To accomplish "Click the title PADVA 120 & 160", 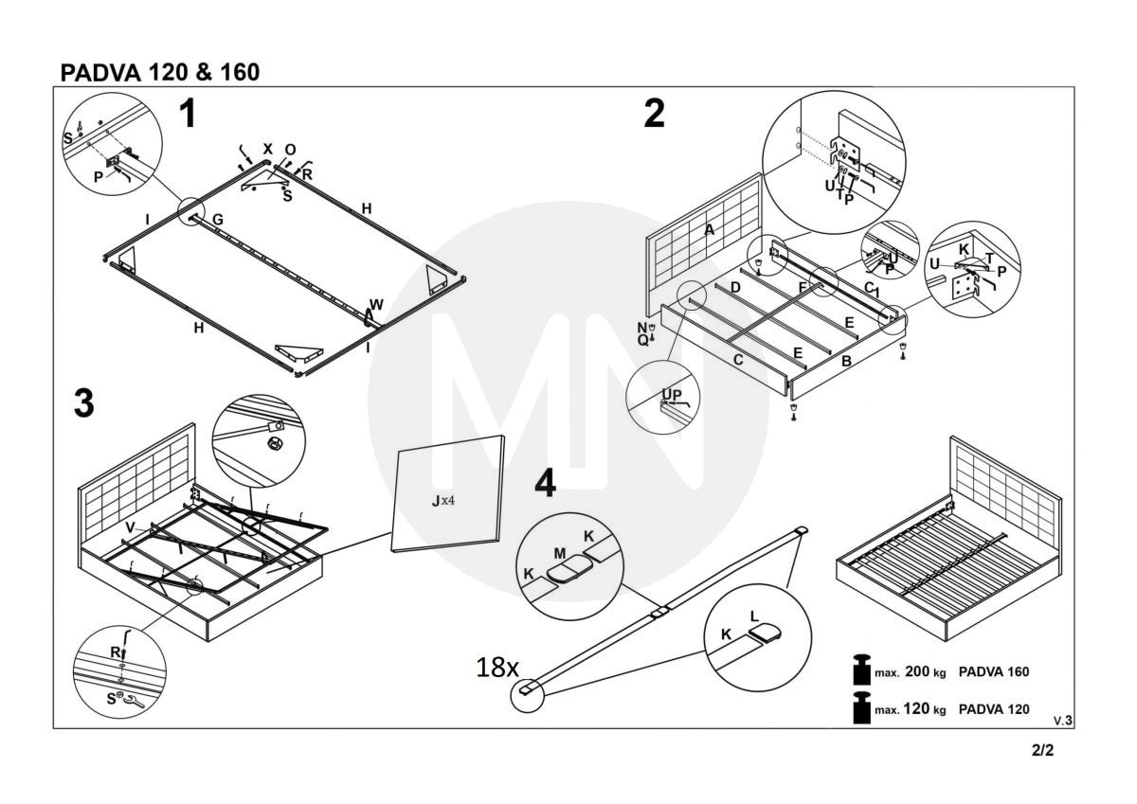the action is point(160,72).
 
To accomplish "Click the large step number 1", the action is point(189,114).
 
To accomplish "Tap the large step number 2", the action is point(654,114).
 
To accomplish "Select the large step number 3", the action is point(84,403).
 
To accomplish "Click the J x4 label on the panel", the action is point(443,501).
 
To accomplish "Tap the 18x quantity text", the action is point(497,668).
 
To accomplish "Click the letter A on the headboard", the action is point(709,230).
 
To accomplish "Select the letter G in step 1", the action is point(218,220).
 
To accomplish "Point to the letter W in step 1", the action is point(377,305).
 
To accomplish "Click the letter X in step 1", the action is point(268,149).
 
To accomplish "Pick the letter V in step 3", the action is point(131,528).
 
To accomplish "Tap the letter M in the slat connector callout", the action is point(560,554).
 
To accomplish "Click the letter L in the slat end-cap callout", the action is point(754,616).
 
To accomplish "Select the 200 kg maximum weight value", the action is point(926,671).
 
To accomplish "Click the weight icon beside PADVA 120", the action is point(862,707).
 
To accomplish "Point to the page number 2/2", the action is point(1042,750).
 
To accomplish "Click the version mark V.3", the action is point(1063,721).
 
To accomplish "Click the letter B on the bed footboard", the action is point(846,361).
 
